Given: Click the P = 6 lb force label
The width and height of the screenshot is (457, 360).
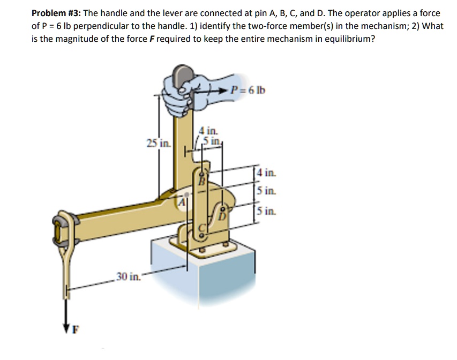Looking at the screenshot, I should pos(248,89).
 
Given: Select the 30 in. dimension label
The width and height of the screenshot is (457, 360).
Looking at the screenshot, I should pos(128,276).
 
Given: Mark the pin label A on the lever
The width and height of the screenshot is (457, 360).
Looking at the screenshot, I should pos(182,202).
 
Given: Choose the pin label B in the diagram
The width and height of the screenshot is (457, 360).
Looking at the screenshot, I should pos(203,181).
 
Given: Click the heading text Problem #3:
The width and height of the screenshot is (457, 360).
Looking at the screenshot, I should pos(55,13).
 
